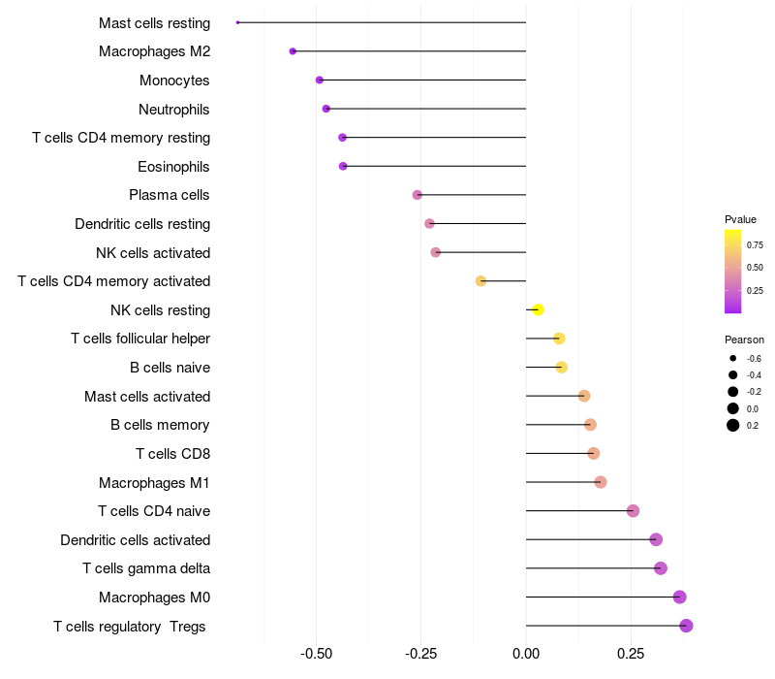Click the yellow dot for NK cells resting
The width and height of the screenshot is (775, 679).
click(x=539, y=309)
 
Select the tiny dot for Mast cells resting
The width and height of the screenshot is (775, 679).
click(x=237, y=22)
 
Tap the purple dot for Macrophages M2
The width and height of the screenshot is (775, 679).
click(x=293, y=51)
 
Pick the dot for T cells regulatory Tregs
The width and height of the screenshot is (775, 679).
click(x=686, y=626)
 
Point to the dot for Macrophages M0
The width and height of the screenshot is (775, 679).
click(x=680, y=597)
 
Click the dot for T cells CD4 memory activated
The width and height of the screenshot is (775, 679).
click(x=480, y=281)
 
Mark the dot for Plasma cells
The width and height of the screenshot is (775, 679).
click(x=418, y=195)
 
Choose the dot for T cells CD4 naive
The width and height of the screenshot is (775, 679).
click(x=633, y=511)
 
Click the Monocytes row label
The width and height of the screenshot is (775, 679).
click(x=174, y=81)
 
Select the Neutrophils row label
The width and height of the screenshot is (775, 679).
click(x=174, y=110)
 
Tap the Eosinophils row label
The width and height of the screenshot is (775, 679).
click(x=173, y=167)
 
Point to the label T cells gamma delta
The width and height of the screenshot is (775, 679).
click(x=146, y=568)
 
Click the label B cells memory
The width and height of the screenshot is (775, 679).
click(x=160, y=425)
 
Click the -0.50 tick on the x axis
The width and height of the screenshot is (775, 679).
click(x=317, y=654)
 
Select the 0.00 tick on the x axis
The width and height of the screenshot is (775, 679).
click(x=526, y=654)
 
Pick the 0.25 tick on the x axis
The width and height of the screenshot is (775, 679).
click(x=631, y=654)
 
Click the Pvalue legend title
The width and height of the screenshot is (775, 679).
click(x=740, y=220)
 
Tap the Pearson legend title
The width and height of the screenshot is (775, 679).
click(x=744, y=340)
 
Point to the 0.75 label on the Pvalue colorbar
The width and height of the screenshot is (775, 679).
click(x=755, y=245)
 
